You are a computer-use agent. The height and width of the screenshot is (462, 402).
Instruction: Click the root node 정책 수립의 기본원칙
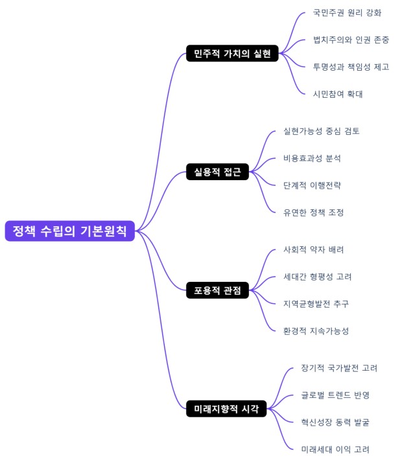70,231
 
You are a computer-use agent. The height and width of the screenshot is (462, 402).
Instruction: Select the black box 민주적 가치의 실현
232,53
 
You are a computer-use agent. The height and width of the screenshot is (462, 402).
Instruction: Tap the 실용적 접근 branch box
217,172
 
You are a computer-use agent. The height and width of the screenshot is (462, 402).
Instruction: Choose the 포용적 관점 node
217,290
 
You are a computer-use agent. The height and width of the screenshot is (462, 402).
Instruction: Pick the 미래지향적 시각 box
226,409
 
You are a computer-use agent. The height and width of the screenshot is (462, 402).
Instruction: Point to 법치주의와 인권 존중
351,40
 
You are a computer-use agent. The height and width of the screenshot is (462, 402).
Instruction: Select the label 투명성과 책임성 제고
351,67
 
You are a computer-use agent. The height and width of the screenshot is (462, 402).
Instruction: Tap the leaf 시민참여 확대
338,94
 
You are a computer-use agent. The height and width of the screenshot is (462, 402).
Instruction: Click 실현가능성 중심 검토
321,131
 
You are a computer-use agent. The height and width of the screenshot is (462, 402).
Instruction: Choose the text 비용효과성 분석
312,158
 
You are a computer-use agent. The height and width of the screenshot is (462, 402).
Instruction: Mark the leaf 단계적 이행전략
312,185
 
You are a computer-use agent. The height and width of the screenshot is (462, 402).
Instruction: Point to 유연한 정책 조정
313,213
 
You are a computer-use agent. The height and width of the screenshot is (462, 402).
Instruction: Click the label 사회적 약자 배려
313,249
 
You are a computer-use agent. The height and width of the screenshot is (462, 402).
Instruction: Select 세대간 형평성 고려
317,277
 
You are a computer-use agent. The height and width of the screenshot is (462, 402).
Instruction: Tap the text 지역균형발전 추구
316,304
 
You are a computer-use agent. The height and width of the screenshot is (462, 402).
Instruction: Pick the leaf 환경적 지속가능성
316,331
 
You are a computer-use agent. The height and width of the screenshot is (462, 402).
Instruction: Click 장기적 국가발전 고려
339,368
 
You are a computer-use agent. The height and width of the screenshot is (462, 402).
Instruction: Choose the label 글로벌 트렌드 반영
335,395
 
